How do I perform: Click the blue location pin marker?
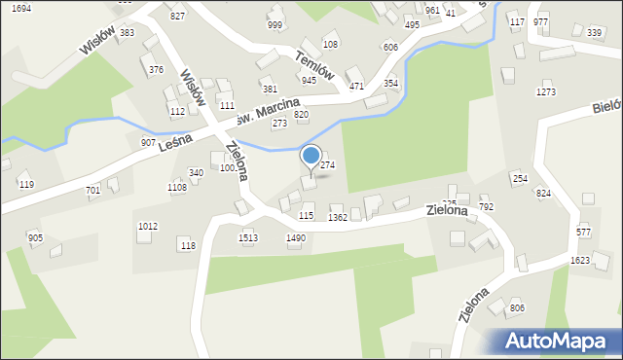[x=311, y=156]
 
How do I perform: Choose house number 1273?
[x=545, y=91]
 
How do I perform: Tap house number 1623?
[x=580, y=261]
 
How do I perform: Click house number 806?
[x=517, y=307]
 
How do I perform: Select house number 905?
[x=35, y=237]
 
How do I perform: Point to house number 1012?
[x=148, y=226]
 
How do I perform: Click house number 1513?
[x=248, y=237]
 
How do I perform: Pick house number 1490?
[x=296, y=237]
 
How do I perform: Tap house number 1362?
[x=338, y=218]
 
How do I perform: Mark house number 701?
[x=92, y=190]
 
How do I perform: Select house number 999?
[x=275, y=25]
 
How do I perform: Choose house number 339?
[x=594, y=32]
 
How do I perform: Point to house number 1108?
[x=176, y=187]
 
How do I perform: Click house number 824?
[x=542, y=194]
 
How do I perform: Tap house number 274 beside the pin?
[x=328, y=165]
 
